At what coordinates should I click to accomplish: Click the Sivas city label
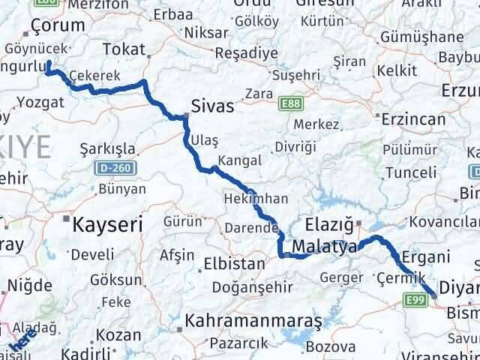[x=212, y=107]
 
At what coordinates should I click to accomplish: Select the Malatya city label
[x=325, y=247]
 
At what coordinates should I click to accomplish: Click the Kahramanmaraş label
[x=255, y=320]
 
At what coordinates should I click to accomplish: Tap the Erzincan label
[x=409, y=118]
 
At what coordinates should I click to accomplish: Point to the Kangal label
[x=239, y=160]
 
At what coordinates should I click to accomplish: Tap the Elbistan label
[x=234, y=264]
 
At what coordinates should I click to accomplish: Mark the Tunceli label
[x=410, y=173]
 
